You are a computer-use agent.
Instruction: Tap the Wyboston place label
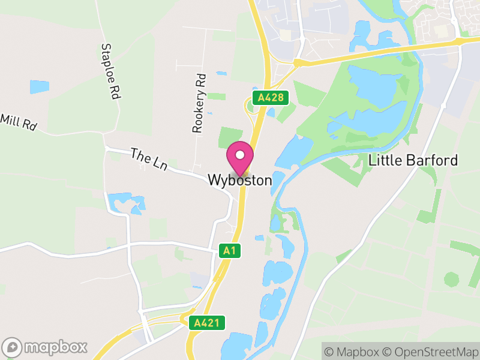click(x=240, y=180)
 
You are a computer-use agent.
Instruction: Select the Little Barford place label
click(x=413, y=160)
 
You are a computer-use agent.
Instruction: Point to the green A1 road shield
click(x=229, y=251)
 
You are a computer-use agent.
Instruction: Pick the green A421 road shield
click(x=207, y=323)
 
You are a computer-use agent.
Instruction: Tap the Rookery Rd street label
click(x=199, y=103)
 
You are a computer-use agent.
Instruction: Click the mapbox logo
click(x=45, y=347)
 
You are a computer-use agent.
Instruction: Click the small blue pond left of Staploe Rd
click(x=40, y=86)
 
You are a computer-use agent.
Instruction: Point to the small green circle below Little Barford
click(x=451, y=279)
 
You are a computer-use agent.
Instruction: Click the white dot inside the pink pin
click(x=240, y=155)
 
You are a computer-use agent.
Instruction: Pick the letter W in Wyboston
click(x=214, y=180)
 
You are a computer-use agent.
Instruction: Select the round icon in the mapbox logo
click(x=13, y=347)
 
